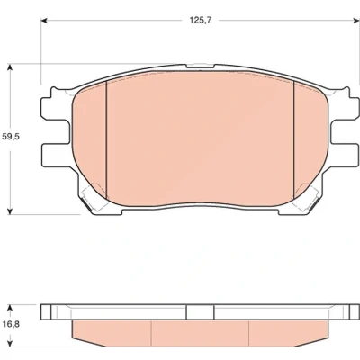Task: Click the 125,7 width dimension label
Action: coord(201,20)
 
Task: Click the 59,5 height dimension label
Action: coord(11,137)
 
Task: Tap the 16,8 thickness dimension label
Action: coord(11,324)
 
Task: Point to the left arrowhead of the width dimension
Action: coord(44,21)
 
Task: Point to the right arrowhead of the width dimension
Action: coord(355,21)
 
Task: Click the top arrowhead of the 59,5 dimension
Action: coord(11,67)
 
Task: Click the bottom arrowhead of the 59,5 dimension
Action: coord(11,211)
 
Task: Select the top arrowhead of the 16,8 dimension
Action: coord(11,308)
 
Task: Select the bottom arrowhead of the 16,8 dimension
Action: coord(11,343)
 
